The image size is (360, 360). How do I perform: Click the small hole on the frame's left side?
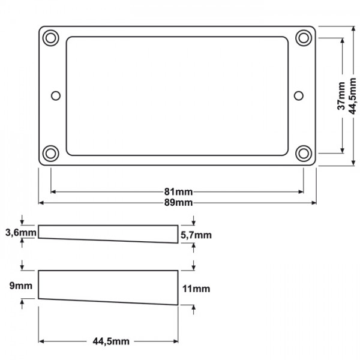(x=56, y=95)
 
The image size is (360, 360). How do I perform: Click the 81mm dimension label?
(x=178, y=192)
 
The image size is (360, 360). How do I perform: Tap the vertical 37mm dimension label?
(x=341, y=96)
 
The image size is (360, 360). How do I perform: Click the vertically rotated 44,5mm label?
(x=353, y=96)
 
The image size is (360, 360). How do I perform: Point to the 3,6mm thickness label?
(x=20, y=232)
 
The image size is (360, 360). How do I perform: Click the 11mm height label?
(x=195, y=289)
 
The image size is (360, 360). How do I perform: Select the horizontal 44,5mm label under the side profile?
(x=110, y=341)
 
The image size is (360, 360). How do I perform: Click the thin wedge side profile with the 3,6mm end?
(x=108, y=233)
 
